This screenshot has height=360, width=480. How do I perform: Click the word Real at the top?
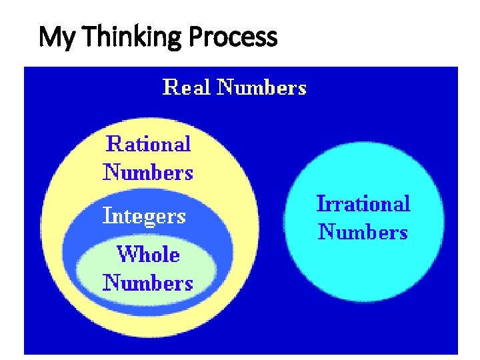pos(187,87)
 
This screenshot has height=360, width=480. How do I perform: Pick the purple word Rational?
pos(149,144)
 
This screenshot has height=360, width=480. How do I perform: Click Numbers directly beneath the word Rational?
pos(148,173)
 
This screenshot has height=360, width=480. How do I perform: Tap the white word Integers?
pos(144,216)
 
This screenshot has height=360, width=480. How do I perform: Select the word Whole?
pos(148,254)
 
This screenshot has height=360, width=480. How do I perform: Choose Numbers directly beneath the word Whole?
pos(148,283)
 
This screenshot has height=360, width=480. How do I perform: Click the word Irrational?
pos(363,203)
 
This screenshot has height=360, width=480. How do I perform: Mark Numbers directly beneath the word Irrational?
pos(363,232)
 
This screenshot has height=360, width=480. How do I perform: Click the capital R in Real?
pos(171,87)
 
